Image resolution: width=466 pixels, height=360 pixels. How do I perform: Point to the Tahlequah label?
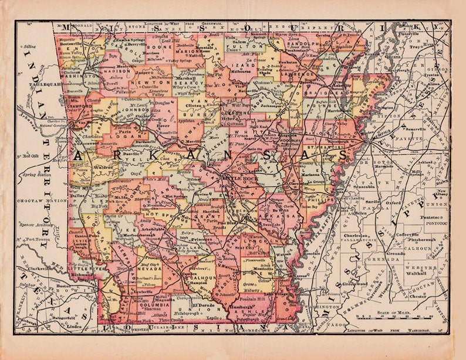[x=42, y=84]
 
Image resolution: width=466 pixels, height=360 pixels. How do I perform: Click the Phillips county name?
[x=319, y=199]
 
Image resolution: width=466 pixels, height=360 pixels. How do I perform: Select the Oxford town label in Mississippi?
[x=393, y=203]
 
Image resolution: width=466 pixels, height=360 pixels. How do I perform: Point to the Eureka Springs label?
[x=128, y=39]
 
